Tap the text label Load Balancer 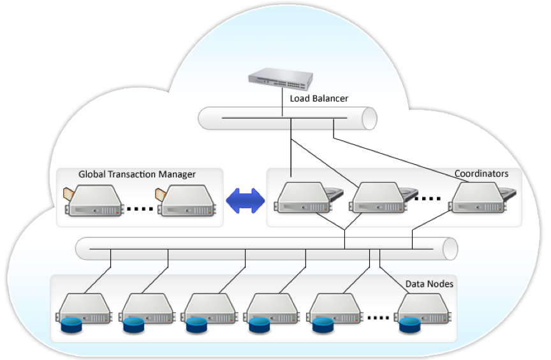[319, 99]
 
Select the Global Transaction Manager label [136, 174]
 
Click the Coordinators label [481, 174]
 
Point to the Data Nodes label [429, 283]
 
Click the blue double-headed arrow [246, 200]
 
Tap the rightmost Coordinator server [476, 197]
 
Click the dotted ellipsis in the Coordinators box [427, 199]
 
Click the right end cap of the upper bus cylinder [370, 119]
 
